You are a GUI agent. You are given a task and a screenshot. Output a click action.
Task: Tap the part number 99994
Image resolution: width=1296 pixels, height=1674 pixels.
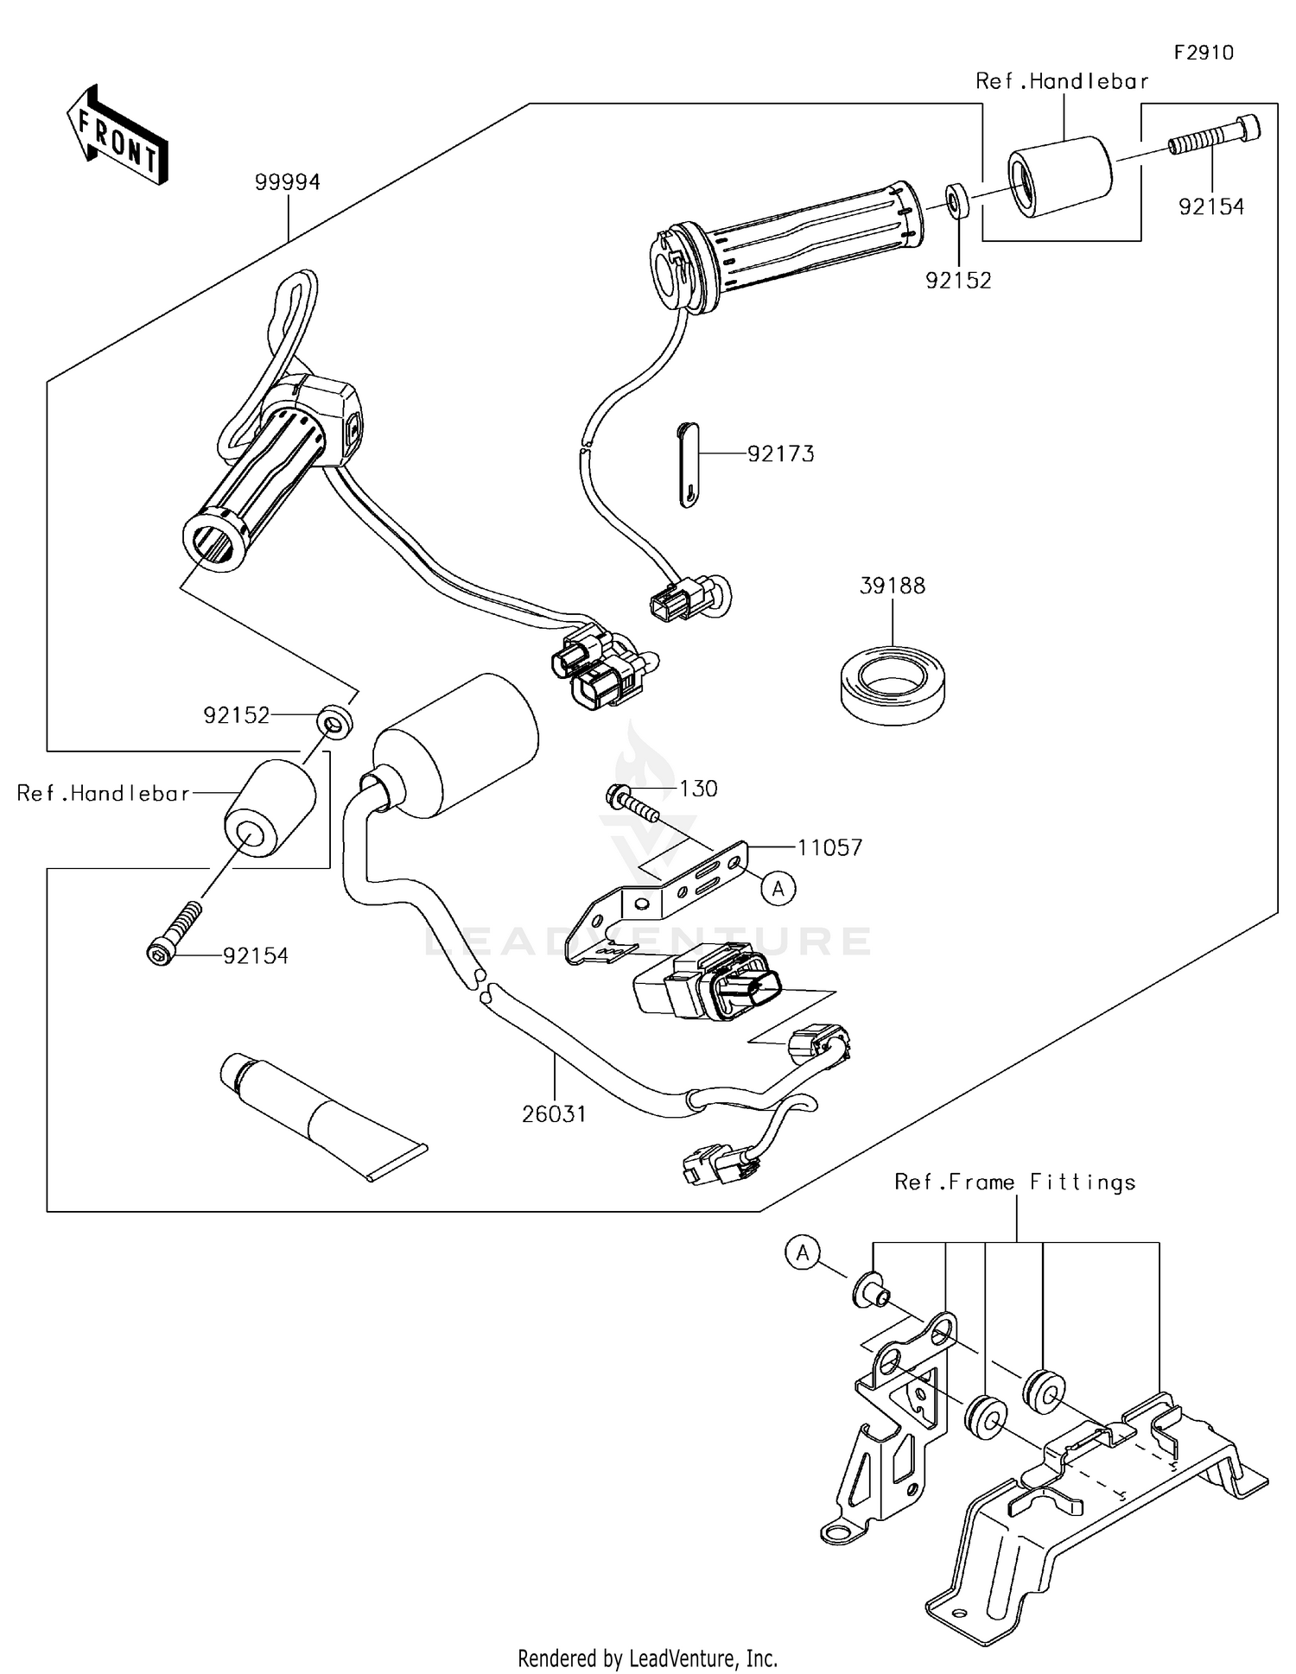coord(287,182)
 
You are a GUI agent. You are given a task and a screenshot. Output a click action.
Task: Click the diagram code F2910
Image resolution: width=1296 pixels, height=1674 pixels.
coord(1204,53)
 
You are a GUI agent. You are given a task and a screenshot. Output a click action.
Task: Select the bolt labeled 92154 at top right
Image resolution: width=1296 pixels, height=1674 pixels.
coord(1214,135)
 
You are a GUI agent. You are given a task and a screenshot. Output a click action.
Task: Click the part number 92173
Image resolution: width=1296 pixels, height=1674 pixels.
coord(780,454)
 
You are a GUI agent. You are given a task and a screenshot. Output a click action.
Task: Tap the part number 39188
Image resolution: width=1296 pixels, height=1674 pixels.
coord(892,586)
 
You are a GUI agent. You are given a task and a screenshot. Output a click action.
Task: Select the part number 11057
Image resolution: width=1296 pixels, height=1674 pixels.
coord(829,848)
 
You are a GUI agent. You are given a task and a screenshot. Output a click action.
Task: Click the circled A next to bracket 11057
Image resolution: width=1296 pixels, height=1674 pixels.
coord(778,888)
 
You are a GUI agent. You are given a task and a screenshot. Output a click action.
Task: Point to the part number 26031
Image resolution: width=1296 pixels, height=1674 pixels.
coord(554,1114)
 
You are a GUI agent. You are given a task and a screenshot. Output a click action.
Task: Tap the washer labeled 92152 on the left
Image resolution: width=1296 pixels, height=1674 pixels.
coord(334,720)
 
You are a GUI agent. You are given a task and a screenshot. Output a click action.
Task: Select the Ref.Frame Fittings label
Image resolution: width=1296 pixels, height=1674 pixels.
coord(1014,1182)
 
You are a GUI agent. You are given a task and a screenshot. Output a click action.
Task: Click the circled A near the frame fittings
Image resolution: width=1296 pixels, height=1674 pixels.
coord(803,1252)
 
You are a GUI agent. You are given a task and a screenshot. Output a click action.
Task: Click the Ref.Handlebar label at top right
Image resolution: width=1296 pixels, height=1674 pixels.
coord(1062,81)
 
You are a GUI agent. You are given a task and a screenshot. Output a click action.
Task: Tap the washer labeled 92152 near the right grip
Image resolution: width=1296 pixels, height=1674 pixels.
coord(956,201)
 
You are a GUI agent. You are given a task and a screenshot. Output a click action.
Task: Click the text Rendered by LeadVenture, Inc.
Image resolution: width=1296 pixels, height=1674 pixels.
coord(647,1658)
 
